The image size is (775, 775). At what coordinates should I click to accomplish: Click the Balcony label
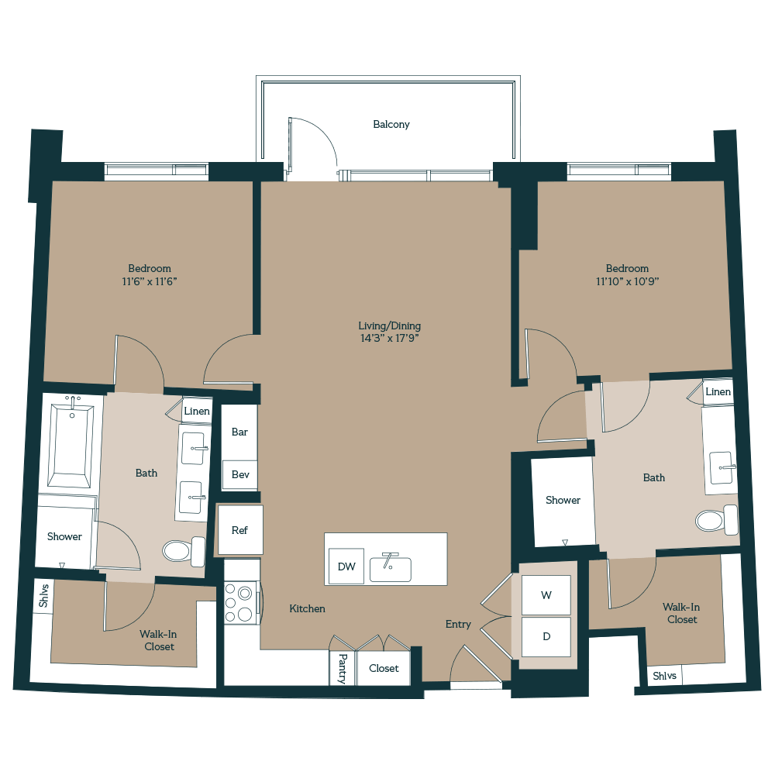point(391,124)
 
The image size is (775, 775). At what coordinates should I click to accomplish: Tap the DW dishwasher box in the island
point(346,567)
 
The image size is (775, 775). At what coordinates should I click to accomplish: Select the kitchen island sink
point(390,568)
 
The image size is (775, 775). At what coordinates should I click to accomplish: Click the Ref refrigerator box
point(239,530)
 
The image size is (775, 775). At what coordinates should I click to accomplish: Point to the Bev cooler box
point(239,474)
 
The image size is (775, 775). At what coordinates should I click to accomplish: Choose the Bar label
point(239,432)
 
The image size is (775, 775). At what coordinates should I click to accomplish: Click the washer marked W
point(546,595)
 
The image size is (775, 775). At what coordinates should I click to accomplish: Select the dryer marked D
point(546,637)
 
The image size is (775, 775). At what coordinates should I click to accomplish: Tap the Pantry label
point(342,668)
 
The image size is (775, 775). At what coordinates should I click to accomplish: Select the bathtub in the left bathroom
point(71,443)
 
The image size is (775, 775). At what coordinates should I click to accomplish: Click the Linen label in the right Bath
point(718,392)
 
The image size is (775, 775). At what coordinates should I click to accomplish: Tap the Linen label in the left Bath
point(197,411)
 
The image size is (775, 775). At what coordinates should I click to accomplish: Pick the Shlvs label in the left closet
point(43,597)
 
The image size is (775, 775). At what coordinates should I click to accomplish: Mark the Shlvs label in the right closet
point(664,676)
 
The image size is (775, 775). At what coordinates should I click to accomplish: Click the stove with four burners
point(239,603)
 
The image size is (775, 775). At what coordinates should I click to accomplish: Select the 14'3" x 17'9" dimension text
point(390,338)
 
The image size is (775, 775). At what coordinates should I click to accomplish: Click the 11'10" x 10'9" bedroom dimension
point(627,281)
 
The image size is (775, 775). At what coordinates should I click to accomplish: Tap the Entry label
point(457,624)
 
